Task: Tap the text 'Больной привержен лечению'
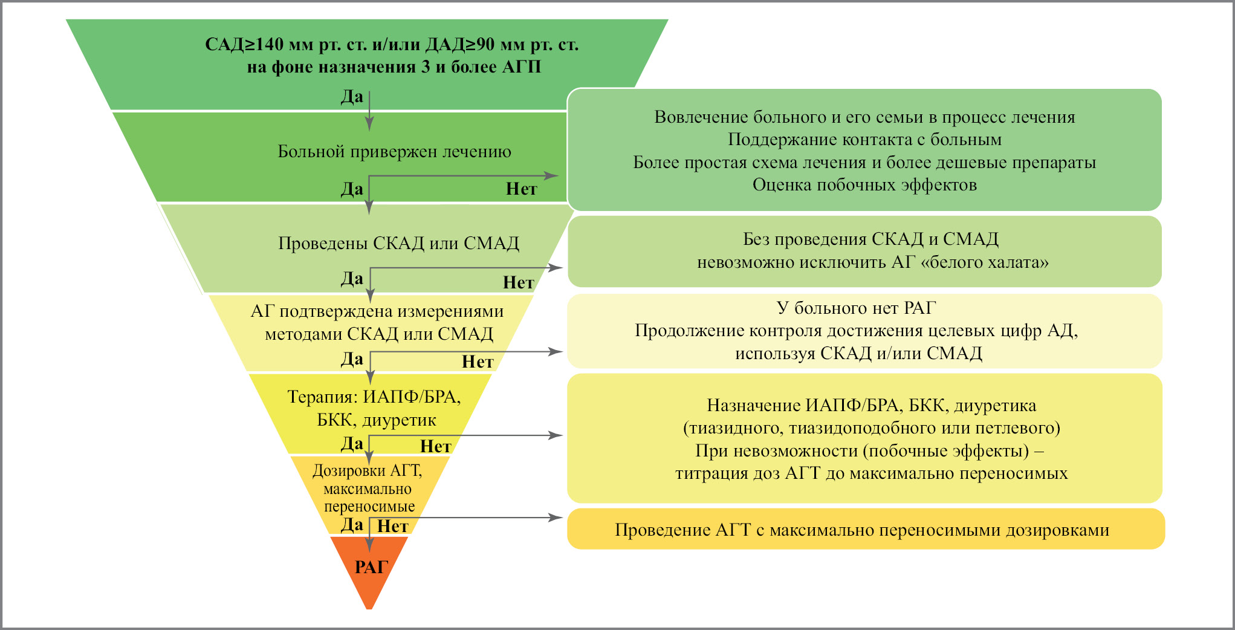coord(394,151)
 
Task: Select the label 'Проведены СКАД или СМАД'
coord(398,243)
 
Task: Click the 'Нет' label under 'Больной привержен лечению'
coord(521,189)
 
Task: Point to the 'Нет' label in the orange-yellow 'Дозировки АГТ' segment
coord(393,526)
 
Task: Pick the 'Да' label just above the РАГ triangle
coord(352,525)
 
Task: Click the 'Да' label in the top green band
coord(352,97)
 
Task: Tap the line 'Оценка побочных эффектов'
coord(864,185)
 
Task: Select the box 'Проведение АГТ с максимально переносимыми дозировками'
coord(864,530)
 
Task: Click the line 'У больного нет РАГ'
coord(856,308)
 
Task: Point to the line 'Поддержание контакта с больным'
coord(864,140)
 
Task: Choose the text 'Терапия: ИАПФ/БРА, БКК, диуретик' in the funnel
coord(374,408)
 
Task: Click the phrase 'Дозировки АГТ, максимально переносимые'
coord(368,488)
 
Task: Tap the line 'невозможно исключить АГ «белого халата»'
coord(872,262)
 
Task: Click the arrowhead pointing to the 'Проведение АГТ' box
coord(556,518)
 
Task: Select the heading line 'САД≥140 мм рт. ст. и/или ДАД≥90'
coord(392,45)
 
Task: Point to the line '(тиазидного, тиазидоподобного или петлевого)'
coord(871,428)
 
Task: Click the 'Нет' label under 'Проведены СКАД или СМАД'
coord(518,282)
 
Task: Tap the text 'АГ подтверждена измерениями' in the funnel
coord(377,311)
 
